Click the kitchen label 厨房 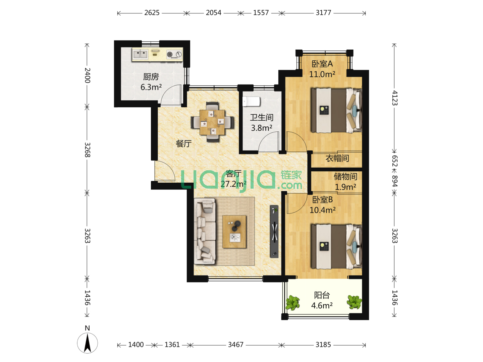151,77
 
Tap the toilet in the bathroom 251,102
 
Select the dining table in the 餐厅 212,122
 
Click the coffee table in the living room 234,232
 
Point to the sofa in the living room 205,231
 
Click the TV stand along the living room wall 274,231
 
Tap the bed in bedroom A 336,110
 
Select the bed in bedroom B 336,246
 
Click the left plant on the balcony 292,303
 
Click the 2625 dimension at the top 152,13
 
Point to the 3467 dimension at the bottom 236,345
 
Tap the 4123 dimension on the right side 394,98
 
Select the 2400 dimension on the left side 87,75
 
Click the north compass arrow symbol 87,343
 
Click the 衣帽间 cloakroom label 337,158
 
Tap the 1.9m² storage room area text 345,187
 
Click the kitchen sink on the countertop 141,54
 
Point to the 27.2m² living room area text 233,184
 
